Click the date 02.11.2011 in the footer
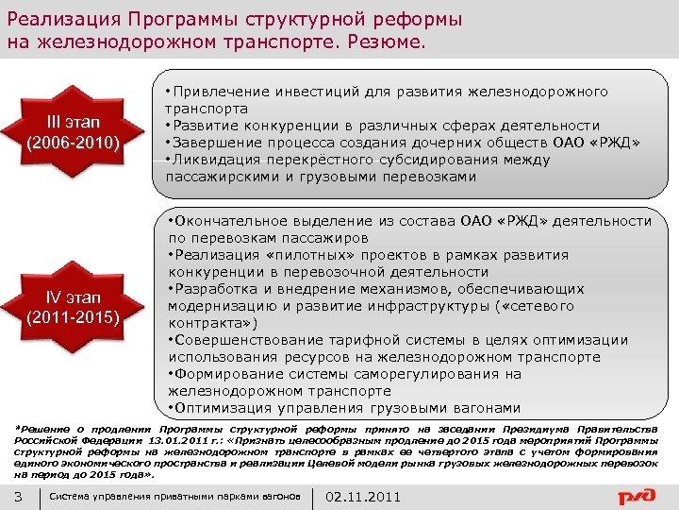(363, 497)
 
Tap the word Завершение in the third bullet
(213, 143)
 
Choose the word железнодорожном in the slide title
(104, 43)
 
